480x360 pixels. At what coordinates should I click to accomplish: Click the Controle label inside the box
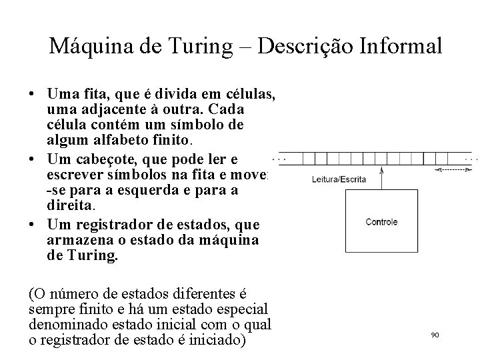[381, 222]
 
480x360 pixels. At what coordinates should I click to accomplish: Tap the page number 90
[435, 335]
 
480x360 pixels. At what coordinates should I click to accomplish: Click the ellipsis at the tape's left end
[281, 159]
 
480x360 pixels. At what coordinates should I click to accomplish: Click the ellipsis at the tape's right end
[471, 159]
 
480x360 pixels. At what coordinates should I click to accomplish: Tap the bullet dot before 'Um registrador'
[33, 224]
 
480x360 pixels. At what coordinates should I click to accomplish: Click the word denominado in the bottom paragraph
[67, 325]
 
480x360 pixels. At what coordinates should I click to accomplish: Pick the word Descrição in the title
[296, 46]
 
